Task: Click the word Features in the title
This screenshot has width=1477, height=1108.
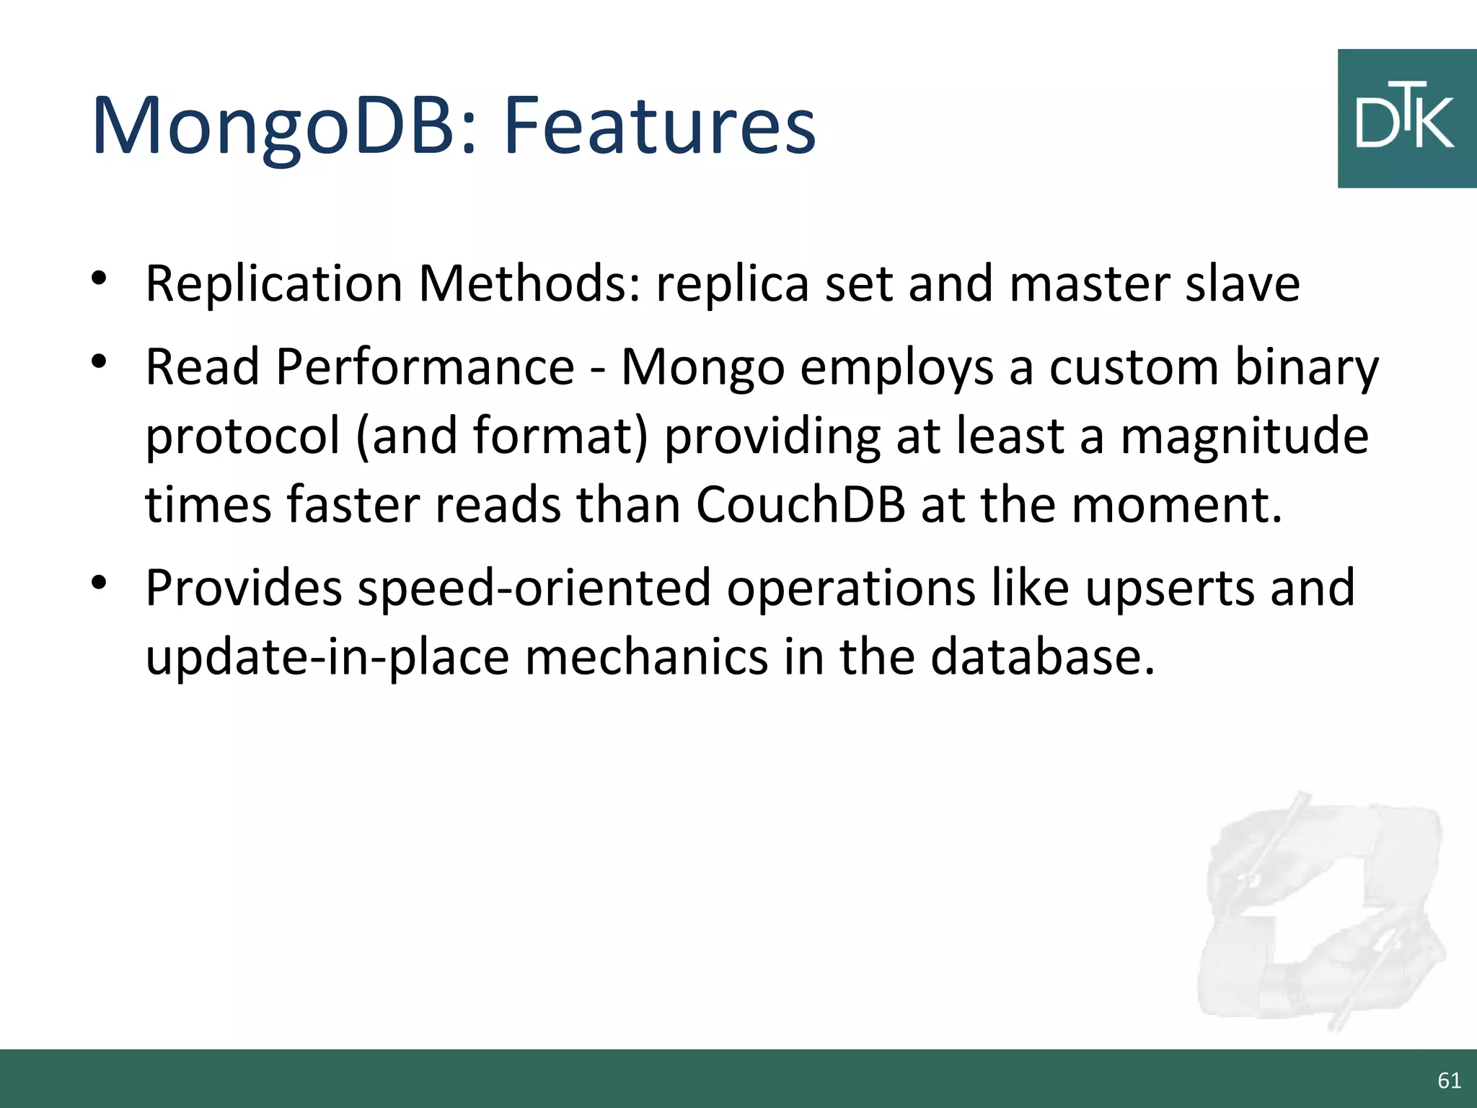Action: pyautogui.click(x=659, y=126)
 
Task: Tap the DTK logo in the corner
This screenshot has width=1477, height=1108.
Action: pyautogui.click(x=1406, y=119)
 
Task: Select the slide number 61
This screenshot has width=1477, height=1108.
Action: pyautogui.click(x=1449, y=1080)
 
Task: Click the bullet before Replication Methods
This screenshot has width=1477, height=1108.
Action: pyautogui.click(x=100, y=278)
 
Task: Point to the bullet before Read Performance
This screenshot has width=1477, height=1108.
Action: pyautogui.click(x=100, y=361)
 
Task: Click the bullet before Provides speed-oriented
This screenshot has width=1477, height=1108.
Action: pyautogui.click(x=100, y=581)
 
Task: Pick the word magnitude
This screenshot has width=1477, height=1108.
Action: pyautogui.click(x=1244, y=437)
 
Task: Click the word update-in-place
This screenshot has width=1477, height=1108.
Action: pyautogui.click(x=327, y=658)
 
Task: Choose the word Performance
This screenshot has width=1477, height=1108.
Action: pyautogui.click(x=425, y=368)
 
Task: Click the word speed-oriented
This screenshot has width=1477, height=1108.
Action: pyautogui.click(x=534, y=588)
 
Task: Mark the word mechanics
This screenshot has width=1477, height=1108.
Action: pyautogui.click(x=646, y=658)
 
